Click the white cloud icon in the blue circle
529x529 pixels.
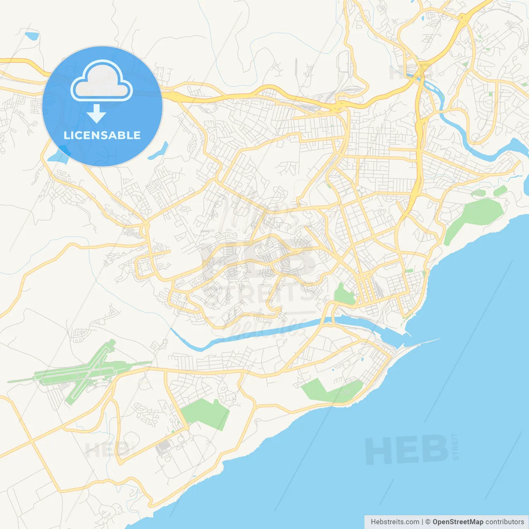(x=102, y=81)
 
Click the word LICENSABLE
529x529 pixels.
(x=102, y=135)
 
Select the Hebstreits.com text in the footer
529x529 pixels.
(x=395, y=522)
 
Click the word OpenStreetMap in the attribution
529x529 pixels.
(x=458, y=522)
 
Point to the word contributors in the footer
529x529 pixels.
(x=505, y=522)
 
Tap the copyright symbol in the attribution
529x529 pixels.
(x=428, y=522)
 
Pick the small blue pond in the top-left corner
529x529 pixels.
(x=31, y=36)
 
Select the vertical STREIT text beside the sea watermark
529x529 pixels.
(x=455, y=447)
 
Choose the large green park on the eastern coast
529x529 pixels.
(x=475, y=217)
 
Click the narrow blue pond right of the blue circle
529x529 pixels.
(x=159, y=151)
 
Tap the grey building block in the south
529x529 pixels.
(x=163, y=446)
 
